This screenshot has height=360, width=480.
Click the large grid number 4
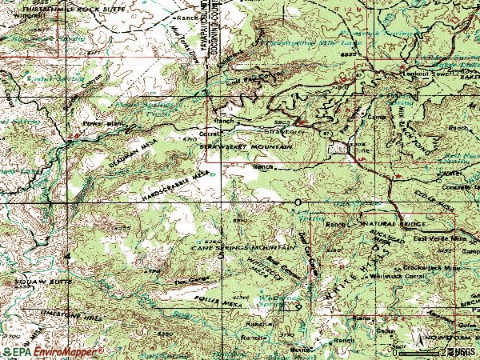point(67,255)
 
